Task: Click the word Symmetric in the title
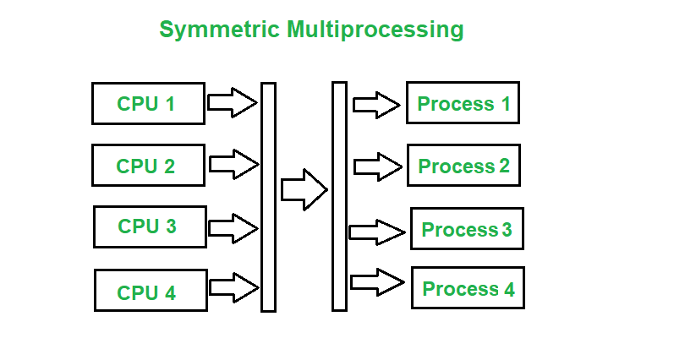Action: click(219, 30)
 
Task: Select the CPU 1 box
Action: click(148, 104)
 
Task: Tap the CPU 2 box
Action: click(148, 166)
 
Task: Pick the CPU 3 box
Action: click(150, 226)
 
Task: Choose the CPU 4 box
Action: click(151, 291)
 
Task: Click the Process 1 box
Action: click(463, 103)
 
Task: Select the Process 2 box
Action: click(463, 166)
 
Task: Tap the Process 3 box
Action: click(467, 229)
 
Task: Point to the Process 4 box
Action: click(468, 288)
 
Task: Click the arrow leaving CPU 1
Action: click(233, 103)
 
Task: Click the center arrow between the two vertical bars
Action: click(304, 189)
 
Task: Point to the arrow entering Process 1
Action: click(376, 105)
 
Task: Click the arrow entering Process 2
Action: click(377, 166)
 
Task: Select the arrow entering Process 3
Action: click(377, 232)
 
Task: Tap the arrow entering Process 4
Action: click(377, 281)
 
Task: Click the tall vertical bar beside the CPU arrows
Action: click(268, 197)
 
